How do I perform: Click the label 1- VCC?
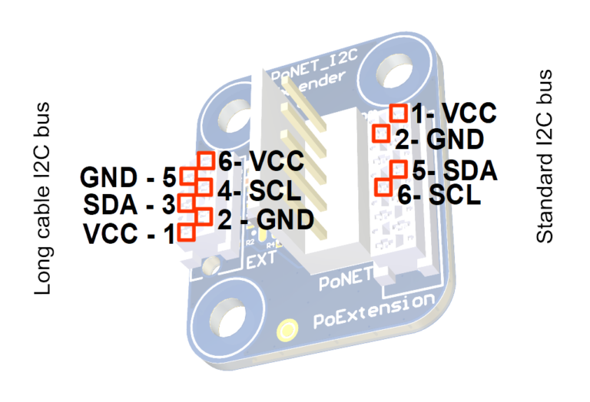click(x=453, y=114)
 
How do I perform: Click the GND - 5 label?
click(x=128, y=178)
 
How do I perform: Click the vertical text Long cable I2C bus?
click(x=43, y=199)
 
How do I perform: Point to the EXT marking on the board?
click(x=261, y=260)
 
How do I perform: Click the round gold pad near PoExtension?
click(x=287, y=330)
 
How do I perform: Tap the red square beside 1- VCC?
click(x=399, y=113)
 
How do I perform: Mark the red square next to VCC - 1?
click(x=186, y=232)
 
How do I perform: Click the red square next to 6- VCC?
click(x=205, y=159)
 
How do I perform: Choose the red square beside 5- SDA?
click(x=398, y=169)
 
